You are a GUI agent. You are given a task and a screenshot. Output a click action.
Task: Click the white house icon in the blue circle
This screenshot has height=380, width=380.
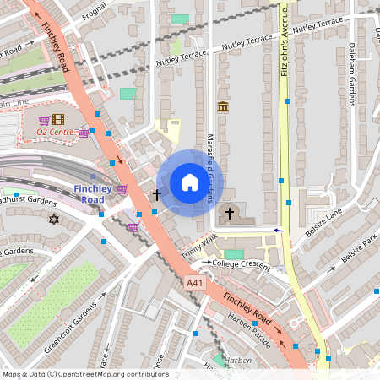point(190,182)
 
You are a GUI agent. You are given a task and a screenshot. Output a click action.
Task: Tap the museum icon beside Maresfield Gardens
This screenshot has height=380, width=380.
point(222,106)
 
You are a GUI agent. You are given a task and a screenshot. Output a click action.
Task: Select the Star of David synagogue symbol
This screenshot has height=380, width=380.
point(55,220)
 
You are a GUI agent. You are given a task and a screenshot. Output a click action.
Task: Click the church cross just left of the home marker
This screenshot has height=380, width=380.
point(156,195)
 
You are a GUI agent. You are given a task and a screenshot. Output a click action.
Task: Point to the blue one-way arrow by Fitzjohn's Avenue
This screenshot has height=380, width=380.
point(277,230)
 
